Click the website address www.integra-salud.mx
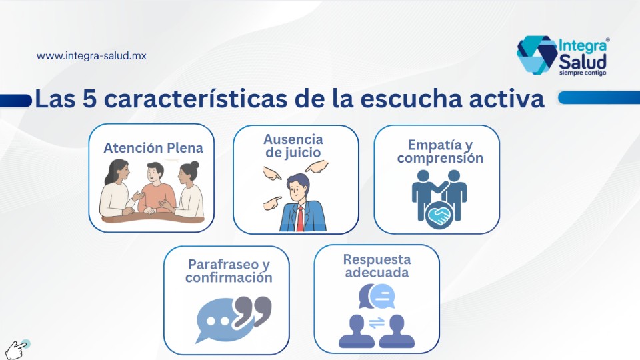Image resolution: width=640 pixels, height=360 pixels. (x=91, y=56)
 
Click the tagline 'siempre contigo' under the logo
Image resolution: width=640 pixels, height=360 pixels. (x=583, y=73)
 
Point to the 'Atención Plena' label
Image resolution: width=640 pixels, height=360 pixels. (x=153, y=148)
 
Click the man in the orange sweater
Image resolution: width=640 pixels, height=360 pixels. (x=155, y=188)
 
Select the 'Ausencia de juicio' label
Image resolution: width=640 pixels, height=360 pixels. (x=293, y=146)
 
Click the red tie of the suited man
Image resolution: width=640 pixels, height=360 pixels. (x=301, y=219)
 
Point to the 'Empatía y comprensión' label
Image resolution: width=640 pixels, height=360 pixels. (x=440, y=151)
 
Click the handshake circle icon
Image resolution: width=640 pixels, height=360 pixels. (x=439, y=215)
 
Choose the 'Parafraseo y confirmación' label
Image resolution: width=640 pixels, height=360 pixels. (x=229, y=271)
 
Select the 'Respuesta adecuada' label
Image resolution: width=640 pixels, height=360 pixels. (x=377, y=266)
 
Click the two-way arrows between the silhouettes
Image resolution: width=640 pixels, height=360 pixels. (x=377, y=323)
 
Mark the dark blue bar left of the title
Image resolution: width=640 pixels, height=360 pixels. (x=15, y=101)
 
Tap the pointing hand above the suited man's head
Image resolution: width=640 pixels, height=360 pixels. (x=317, y=166)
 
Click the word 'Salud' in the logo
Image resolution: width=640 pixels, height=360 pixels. (x=583, y=61)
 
